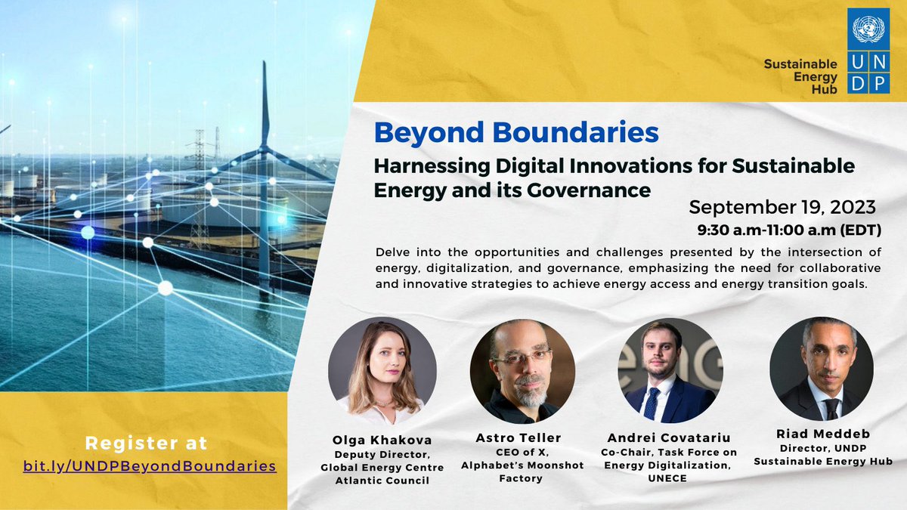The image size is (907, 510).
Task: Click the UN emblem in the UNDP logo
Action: tap(868, 29)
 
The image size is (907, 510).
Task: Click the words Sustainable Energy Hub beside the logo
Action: tap(800, 76)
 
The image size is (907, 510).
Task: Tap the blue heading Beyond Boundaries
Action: tap(516, 132)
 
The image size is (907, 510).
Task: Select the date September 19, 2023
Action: tap(782, 207)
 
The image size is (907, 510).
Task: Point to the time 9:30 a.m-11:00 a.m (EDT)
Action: tap(789, 230)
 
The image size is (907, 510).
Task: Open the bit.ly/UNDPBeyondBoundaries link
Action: tap(150, 466)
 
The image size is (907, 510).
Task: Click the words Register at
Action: tap(146, 443)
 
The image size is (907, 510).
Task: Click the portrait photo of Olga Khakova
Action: tap(382, 370)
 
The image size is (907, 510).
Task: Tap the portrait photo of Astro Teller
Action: tap(522, 371)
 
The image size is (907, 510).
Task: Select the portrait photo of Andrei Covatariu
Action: tap(670, 370)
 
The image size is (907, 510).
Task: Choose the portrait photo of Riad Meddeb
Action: tap(822, 369)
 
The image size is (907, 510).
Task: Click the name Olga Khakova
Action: tap(382, 440)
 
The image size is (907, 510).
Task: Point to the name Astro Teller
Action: tap(519, 438)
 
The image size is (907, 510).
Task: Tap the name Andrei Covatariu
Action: tap(669, 438)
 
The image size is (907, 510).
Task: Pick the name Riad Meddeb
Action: tap(823, 434)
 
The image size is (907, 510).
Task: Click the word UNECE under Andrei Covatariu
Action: tap(667, 478)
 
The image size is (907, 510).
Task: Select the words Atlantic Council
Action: tap(382, 481)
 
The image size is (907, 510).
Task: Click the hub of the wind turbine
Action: tap(264, 150)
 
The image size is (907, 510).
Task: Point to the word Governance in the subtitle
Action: tap(589, 190)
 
